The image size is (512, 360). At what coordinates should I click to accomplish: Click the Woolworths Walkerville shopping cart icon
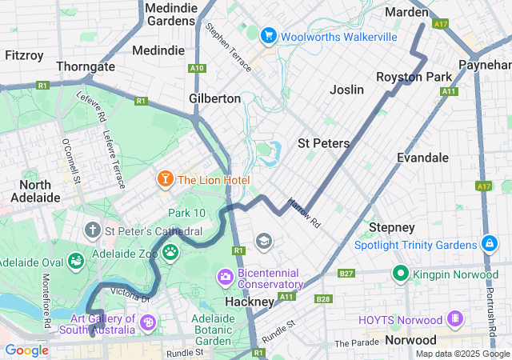[268, 36]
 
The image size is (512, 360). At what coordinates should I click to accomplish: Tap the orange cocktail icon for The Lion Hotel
[165, 179]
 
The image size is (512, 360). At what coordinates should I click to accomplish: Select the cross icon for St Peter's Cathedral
[93, 231]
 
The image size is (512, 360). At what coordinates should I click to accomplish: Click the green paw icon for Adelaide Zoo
[170, 253]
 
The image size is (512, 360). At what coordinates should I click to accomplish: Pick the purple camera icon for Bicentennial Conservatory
[225, 277]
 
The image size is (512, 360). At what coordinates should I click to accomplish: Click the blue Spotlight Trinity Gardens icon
[489, 243]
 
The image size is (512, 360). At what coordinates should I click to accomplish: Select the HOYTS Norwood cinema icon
[455, 318]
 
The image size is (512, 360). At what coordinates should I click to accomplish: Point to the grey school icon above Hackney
[262, 241]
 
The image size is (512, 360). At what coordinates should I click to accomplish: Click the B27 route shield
[346, 274]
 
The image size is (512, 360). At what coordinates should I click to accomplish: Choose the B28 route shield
[323, 299]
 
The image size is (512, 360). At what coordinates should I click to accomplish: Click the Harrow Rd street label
[304, 213]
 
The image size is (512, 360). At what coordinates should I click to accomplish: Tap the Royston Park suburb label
[414, 77]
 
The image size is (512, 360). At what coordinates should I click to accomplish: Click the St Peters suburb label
[323, 143]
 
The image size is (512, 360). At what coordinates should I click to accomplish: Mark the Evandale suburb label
[422, 158]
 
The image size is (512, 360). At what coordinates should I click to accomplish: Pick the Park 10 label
[186, 213]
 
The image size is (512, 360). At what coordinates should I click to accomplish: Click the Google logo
[26, 350]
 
